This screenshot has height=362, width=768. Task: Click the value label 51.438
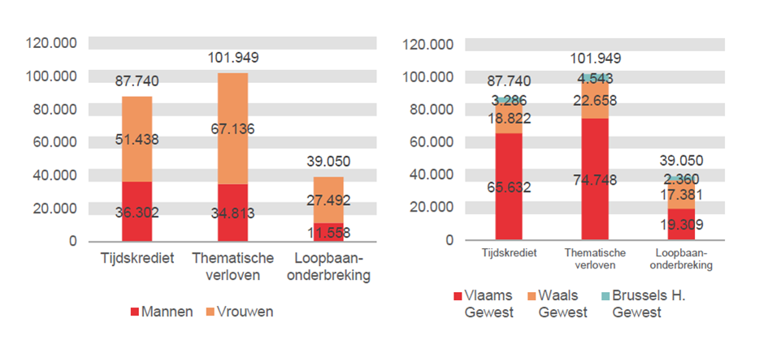137,140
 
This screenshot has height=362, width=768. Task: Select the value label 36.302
137,213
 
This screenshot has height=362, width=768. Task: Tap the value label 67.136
232,140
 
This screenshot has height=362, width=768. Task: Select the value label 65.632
509,187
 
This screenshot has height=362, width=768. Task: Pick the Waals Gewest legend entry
556,304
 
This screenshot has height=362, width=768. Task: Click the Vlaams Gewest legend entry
482,304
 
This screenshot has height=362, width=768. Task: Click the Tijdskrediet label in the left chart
137,258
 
